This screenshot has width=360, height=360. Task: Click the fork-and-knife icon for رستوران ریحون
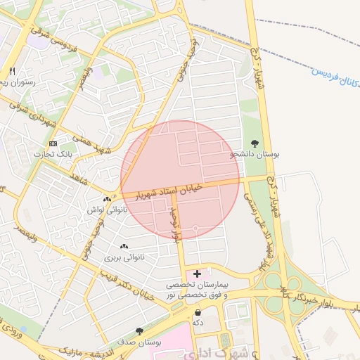click(12, 71)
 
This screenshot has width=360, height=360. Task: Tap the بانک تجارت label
click(48, 154)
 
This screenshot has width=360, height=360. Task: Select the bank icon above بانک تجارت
click(53, 143)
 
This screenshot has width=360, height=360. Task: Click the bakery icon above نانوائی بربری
click(124, 246)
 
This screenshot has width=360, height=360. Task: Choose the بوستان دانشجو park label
click(254, 154)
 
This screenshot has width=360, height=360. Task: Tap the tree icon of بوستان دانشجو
click(255, 143)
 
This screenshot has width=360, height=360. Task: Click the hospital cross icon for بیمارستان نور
click(197, 273)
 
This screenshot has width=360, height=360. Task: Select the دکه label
click(198, 322)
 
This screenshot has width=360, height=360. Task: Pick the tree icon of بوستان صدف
click(139, 330)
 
